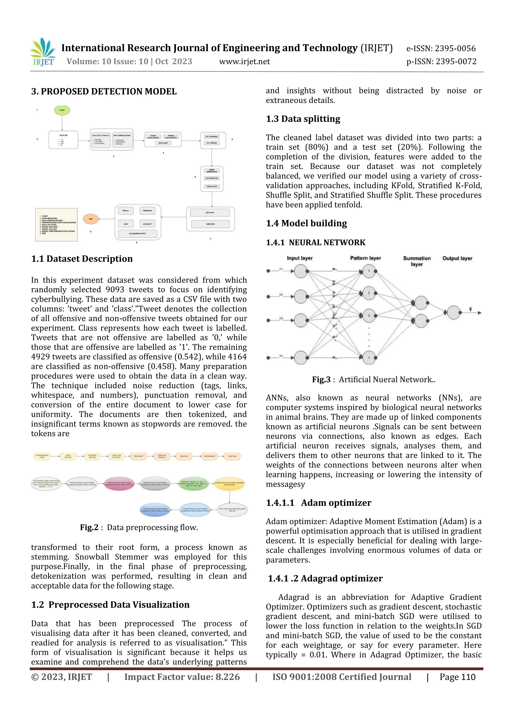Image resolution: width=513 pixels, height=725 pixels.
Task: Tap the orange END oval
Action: (x=91, y=219)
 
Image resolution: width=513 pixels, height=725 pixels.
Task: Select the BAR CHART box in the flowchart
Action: (x=163, y=143)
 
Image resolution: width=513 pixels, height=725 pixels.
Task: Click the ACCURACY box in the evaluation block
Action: (x=147, y=224)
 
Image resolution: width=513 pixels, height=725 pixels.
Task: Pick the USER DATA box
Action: (x=210, y=224)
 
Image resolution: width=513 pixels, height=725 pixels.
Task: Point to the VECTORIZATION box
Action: (x=212, y=178)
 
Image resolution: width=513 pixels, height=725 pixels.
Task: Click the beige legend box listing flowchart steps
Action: (x=56, y=224)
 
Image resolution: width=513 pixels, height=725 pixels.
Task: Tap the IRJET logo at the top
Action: (x=43, y=52)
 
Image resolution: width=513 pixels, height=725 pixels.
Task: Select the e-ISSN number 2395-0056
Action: (x=441, y=48)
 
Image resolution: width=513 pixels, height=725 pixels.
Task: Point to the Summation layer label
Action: (x=417, y=261)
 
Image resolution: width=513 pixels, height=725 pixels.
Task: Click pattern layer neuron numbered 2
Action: (x=368, y=293)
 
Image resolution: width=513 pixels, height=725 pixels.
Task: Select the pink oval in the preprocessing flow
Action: (x=119, y=484)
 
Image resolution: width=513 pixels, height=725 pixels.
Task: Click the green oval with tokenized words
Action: (x=193, y=484)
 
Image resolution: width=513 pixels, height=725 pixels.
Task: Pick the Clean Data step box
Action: (x=232, y=456)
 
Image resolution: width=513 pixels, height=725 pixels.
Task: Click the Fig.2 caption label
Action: (x=89, y=527)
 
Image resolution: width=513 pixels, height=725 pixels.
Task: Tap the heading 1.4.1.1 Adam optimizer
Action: (x=318, y=503)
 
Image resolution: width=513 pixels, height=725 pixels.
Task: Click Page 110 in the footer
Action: (x=457, y=677)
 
